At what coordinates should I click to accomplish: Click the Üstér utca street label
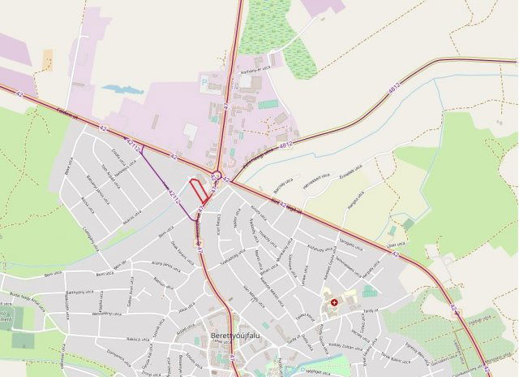(397, 241)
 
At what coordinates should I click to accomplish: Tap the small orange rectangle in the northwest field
(47, 59)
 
